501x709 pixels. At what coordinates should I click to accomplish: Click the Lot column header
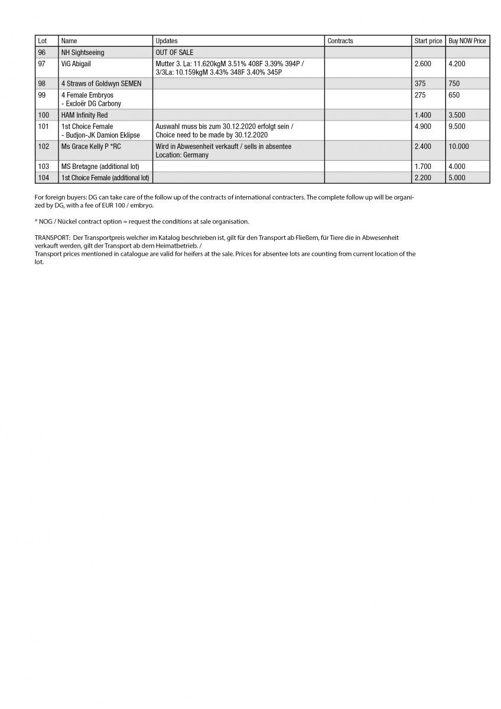tap(42, 41)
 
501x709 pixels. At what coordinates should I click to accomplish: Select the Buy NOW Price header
tap(467, 41)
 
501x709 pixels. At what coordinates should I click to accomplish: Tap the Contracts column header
tap(340, 41)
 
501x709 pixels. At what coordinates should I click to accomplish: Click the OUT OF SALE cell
tap(174, 53)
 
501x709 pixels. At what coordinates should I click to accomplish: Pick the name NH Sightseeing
tap(83, 53)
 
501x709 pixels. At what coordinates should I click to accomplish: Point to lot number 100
tap(44, 115)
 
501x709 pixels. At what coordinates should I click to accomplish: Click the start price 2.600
tap(423, 64)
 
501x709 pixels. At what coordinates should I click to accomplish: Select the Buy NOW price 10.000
tap(459, 147)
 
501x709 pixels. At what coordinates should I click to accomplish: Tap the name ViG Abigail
tap(76, 64)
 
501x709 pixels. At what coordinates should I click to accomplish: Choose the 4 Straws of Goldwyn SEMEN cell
tap(101, 84)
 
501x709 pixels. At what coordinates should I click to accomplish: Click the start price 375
tap(421, 84)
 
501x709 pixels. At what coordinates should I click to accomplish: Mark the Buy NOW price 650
tap(454, 95)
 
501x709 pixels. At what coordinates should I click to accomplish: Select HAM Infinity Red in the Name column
tap(84, 115)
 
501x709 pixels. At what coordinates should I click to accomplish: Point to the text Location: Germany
tap(182, 155)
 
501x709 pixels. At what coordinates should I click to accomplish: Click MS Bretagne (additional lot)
tap(100, 167)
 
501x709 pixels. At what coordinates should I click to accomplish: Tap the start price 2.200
tap(423, 178)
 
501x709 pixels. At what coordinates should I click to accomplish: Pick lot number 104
tap(44, 178)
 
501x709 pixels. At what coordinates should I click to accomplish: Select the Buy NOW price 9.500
tap(457, 126)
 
